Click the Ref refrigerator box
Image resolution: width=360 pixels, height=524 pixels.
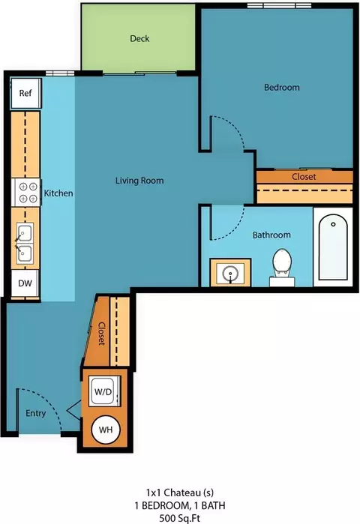click(x=25, y=93)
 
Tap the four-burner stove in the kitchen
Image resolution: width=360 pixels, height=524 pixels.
click(x=26, y=193)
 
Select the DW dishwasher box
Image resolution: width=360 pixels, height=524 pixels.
click(x=25, y=283)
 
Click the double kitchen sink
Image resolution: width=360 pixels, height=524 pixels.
click(x=25, y=244)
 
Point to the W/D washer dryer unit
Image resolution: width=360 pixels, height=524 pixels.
click(x=104, y=391)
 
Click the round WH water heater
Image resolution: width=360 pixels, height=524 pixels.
click(x=106, y=430)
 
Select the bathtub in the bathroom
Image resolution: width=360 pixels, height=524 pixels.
click(x=333, y=247)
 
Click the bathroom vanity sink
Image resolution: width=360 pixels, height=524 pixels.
click(x=230, y=272)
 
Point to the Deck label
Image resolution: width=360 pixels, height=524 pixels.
click(x=139, y=39)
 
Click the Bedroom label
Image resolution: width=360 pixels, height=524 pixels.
click(x=282, y=88)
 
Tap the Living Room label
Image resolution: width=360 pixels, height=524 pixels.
click(x=139, y=181)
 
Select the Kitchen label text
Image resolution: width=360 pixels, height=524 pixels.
click(x=58, y=193)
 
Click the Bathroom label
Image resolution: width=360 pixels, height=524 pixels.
click(x=271, y=235)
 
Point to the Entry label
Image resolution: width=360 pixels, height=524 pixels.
click(x=36, y=413)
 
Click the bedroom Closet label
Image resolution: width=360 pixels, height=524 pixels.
click(x=304, y=176)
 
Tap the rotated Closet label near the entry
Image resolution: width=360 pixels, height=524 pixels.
click(x=101, y=334)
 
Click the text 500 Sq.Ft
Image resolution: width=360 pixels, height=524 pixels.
click(x=180, y=518)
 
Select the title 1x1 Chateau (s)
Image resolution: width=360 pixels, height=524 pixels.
click(x=180, y=493)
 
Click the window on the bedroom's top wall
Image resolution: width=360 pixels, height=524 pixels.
click(x=279, y=6)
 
